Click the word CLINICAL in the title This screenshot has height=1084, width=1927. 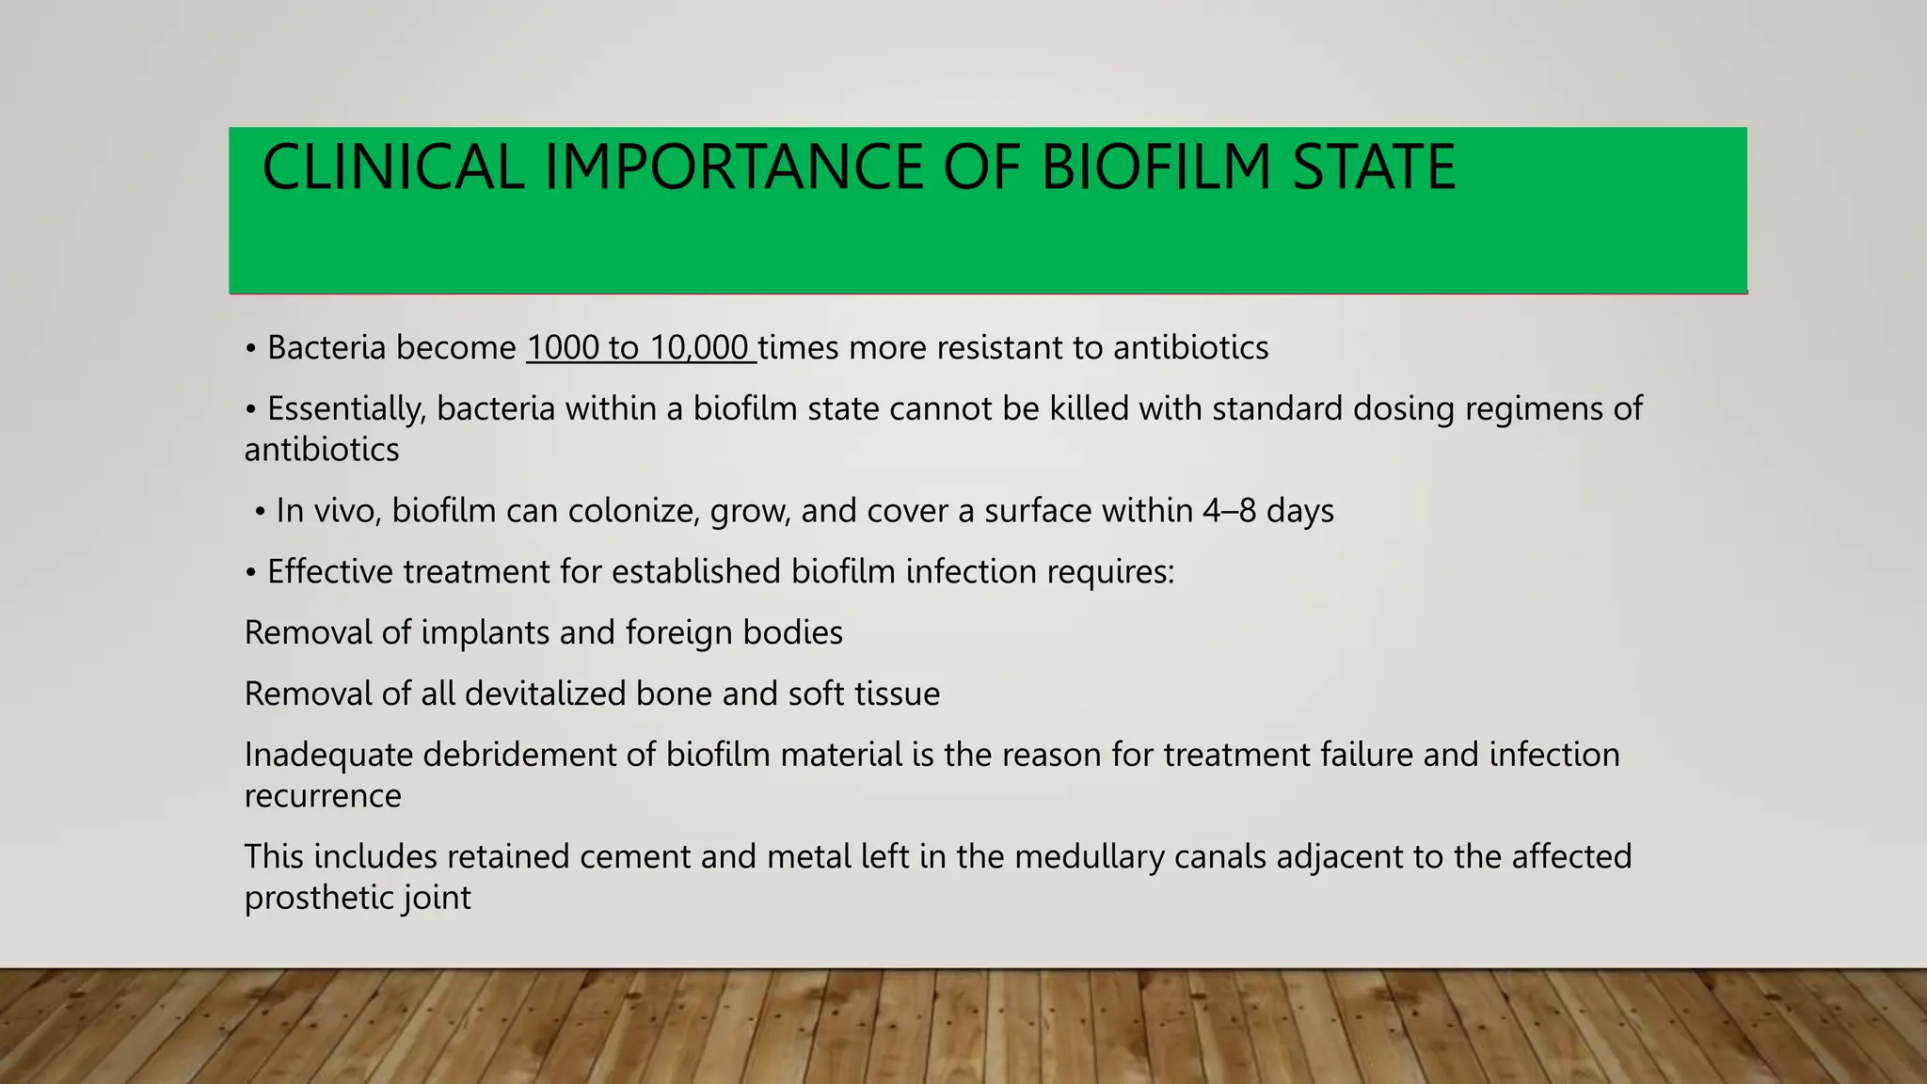click(392, 167)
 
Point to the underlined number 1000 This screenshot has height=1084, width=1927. click(562, 348)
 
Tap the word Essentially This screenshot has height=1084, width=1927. click(346, 409)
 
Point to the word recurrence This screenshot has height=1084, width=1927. click(323, 797)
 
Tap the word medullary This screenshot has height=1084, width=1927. click(1089, 857)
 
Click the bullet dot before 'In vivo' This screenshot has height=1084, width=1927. click(260, 513)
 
